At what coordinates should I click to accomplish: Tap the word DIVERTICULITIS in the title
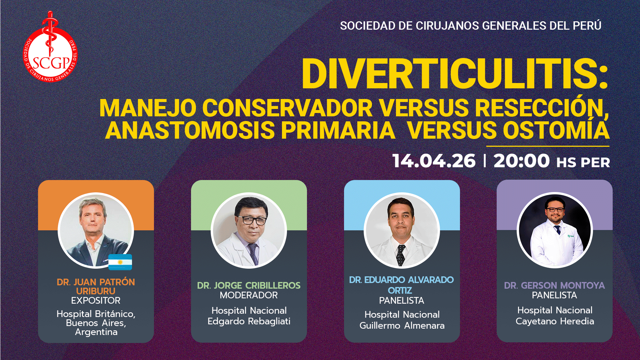(454, 74)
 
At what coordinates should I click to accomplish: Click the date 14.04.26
(434, 161)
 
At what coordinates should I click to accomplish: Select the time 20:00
(521, 161)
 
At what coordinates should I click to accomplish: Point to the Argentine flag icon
(120, 262)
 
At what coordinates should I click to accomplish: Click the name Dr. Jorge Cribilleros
(249, 285)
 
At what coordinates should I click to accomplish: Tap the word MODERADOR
(249, 295)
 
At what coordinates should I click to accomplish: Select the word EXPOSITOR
(96, 301)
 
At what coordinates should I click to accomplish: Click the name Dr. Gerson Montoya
(554, 285)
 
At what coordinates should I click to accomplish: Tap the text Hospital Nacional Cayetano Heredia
(555, 316)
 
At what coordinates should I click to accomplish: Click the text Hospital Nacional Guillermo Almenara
(402, 320)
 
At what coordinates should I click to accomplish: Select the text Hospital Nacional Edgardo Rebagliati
(249, 316)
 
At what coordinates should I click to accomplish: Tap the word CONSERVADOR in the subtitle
(287, 108)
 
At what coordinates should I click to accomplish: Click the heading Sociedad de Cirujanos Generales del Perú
(470, 26)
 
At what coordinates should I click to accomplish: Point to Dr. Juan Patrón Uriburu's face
(92, 218)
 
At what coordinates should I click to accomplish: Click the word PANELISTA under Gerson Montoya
(554, 295)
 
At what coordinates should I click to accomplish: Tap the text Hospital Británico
(96, 314)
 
